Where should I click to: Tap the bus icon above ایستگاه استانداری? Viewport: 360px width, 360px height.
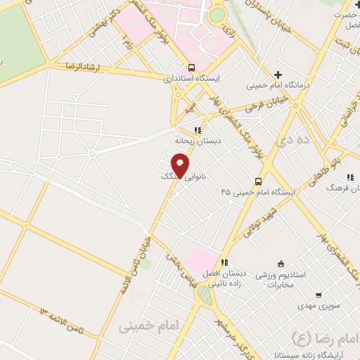pos(192,68)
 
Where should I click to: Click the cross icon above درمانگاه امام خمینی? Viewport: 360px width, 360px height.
pos(278,75)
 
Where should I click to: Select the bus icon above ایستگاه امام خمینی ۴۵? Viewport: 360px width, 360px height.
pos(259,180)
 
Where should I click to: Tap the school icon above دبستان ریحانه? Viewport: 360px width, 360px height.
pos(198,130)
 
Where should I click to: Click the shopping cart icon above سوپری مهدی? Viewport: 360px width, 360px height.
pos(319,295)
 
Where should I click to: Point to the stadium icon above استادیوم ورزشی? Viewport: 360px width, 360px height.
pos(281,263)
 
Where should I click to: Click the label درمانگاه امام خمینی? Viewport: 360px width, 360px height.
pos(279,86)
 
